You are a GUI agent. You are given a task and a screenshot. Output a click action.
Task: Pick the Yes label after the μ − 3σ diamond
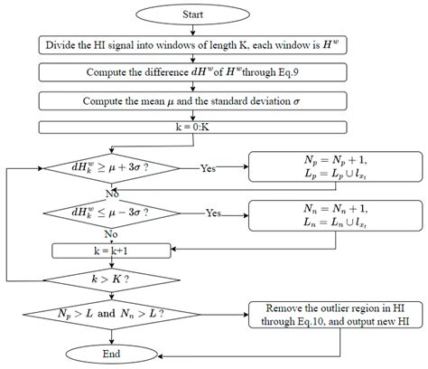(x=214, y=214)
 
